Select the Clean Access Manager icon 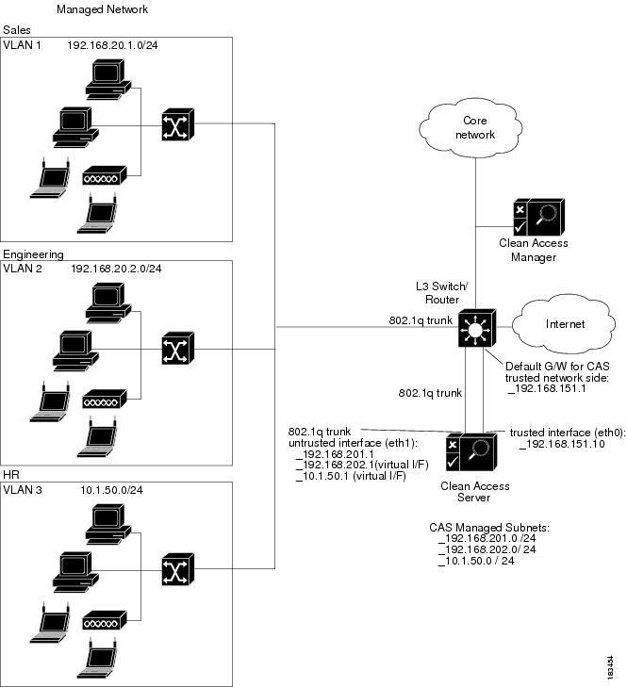point(534,217)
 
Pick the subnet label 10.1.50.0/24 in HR point(108,490)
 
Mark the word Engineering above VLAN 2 point(33,254)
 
